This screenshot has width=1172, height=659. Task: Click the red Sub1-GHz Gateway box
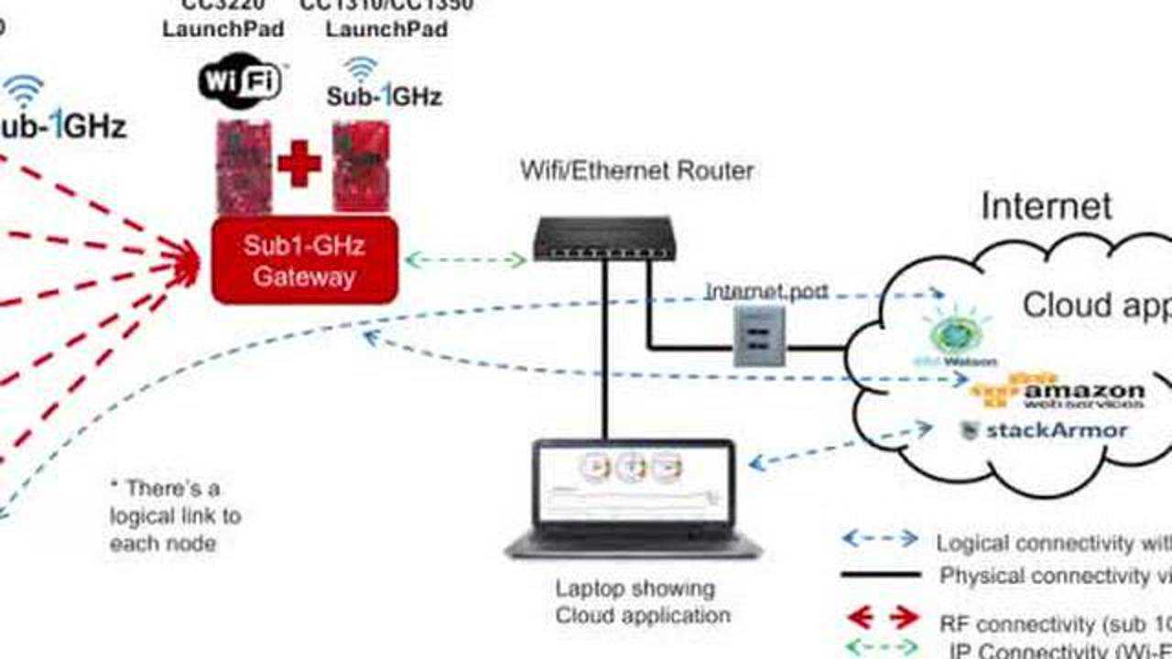click(304, 260)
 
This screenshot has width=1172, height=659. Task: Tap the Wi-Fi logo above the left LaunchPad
click(240, 81)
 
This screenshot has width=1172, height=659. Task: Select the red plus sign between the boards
click(299, 165)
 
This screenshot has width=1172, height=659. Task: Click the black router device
click(603, 238)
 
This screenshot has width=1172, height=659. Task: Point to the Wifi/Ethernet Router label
click(636, 170)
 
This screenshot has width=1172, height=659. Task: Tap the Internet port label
click(766, 292)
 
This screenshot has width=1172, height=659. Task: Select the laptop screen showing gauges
click(633, 482)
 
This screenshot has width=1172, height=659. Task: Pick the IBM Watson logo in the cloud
click(959, 340)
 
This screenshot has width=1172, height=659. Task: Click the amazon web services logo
click(1058, 391)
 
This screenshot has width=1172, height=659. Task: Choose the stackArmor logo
click(1044, 429)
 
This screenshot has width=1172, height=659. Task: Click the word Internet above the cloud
click(1047, 206)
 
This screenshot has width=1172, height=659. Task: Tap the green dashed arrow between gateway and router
click(465, 260)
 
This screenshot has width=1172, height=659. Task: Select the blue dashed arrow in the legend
click(880, 538)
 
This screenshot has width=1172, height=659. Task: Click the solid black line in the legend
click(880, 575)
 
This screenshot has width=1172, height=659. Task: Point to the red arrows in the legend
click(880, 618)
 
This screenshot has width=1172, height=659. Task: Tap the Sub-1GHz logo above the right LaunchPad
click(385, 84)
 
